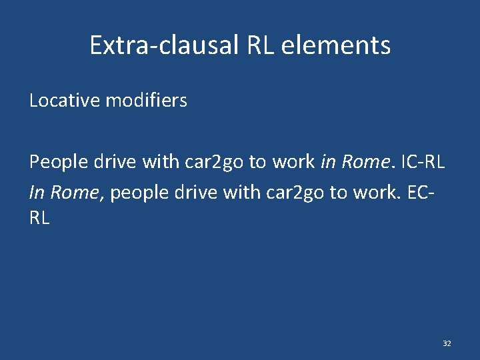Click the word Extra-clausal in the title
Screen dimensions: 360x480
164,45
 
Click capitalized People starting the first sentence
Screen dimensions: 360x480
55,162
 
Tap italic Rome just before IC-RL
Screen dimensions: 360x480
364,162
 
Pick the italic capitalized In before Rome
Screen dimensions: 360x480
37,193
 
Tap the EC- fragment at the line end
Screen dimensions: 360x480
427,193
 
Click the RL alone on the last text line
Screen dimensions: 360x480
39,218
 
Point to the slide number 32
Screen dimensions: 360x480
447,343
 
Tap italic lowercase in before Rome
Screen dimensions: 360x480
328,162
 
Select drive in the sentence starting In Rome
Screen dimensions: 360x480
193,193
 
